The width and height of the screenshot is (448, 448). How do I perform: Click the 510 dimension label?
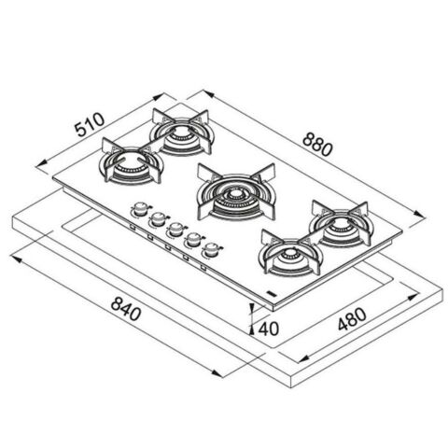point(90,124)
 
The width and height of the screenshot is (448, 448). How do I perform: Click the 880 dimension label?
point(317,144)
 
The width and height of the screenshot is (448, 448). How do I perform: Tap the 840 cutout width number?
point(126,308)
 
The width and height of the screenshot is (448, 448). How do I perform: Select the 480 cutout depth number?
point(352,319)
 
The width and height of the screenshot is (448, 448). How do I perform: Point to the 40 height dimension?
point(269,329)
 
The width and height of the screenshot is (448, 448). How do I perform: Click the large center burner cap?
point(235,195)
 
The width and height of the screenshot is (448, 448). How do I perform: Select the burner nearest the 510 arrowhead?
point(182,133)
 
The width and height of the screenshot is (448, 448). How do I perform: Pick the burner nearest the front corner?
point(291,255)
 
